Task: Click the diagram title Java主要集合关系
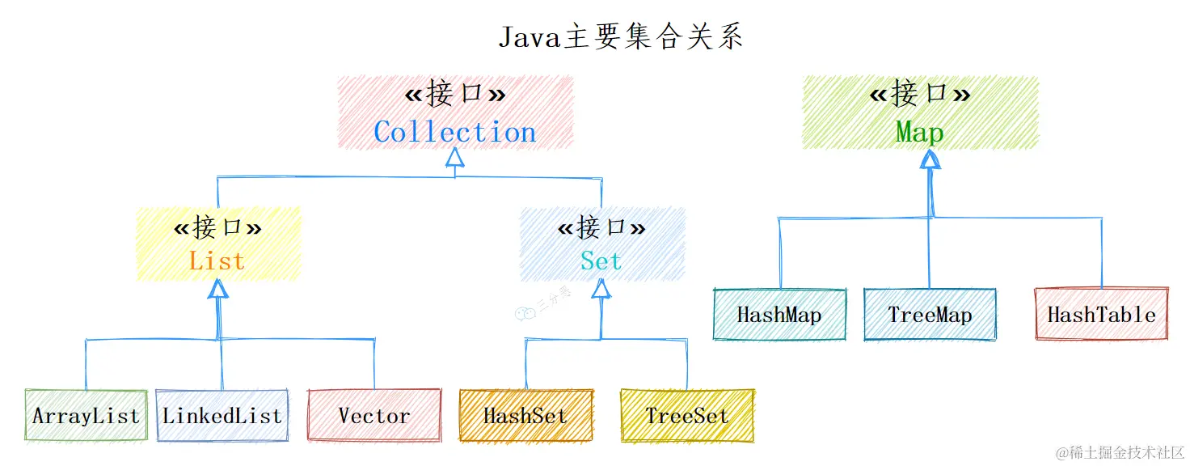[x=620, y=37]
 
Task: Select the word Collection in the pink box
[x=455, y=132]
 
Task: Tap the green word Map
[x=919, y=132]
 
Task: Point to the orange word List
[x=217, y=261]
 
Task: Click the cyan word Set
[x=601, y=261]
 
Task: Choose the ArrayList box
[x=86, y=416]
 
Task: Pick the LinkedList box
[x=222, y=416]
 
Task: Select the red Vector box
[x=374, y=416]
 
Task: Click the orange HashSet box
[x=525, y=416]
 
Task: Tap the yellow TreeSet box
[x=687, y=416]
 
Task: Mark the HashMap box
[x=779, y=315]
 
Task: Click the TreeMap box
[x=930, y=315]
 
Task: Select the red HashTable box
[x=1101, y=315]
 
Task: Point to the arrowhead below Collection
[x=455, y=157]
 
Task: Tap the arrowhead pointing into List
[x=217, y=288]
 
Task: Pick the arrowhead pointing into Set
[x=601, y=288]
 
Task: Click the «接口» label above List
[x=217, y=228]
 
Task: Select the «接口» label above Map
[x=919, y=95]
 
